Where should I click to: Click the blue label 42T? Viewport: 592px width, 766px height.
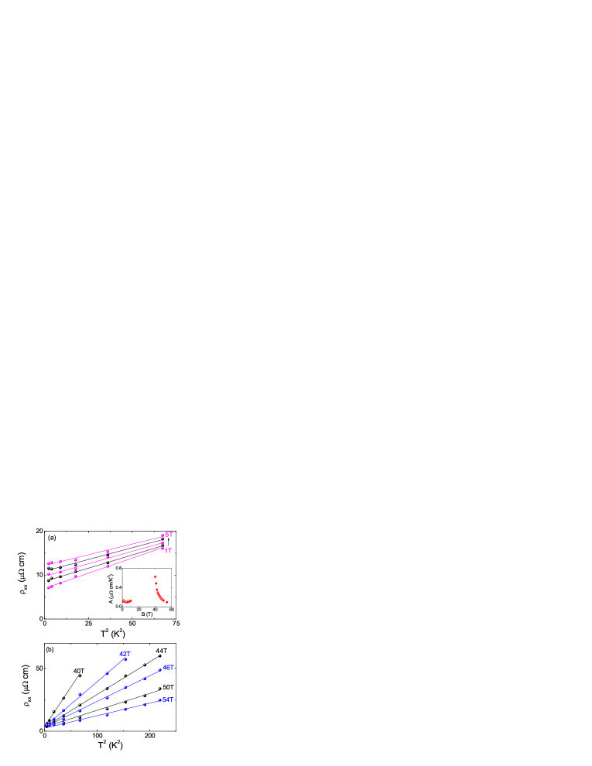pos(125,654)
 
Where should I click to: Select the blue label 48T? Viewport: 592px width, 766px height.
pos(168,667)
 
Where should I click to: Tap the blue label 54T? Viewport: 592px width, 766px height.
pos(167,699)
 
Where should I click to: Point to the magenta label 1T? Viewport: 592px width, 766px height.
pos(168,551)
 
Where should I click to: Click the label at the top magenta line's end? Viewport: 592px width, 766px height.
pos(169,535)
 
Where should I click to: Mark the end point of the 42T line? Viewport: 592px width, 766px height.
pos(125,659)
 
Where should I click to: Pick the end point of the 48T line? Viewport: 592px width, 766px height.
pos(160,670)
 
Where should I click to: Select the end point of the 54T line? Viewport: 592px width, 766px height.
pos(160,699)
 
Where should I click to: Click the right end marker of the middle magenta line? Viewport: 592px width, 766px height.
pos(163,543)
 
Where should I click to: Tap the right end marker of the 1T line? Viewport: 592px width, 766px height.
pos(163,549)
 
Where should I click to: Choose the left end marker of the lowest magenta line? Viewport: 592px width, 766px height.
pos(48,587)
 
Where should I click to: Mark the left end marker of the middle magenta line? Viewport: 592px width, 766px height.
pos(48,574)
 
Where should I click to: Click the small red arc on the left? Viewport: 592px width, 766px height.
pos(127,601)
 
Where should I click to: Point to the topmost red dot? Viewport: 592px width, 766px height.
pos(156,576)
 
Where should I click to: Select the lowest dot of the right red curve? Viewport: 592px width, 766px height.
pos(166,601)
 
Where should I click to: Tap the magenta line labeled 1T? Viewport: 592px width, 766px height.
pos(108,566)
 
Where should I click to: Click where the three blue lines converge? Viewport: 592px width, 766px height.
pos(46,724)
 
